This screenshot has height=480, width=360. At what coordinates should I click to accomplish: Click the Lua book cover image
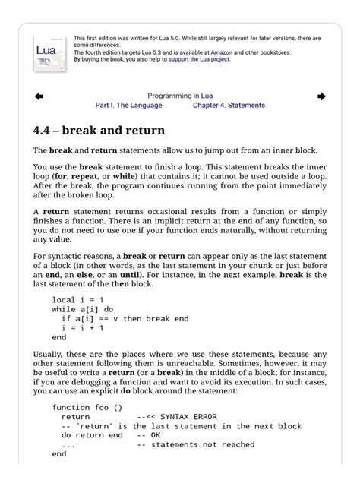(x=50, y=52)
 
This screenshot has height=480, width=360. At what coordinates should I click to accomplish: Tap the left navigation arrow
(x=39, y=96)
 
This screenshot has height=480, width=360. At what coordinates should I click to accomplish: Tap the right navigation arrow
(x=321, y=96)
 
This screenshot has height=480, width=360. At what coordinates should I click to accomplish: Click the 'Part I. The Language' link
(x=128, y=106)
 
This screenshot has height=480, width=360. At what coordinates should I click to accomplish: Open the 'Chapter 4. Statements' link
(x=229, y=106)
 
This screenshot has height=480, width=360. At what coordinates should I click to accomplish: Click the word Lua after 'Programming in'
(x=207, y=96)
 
